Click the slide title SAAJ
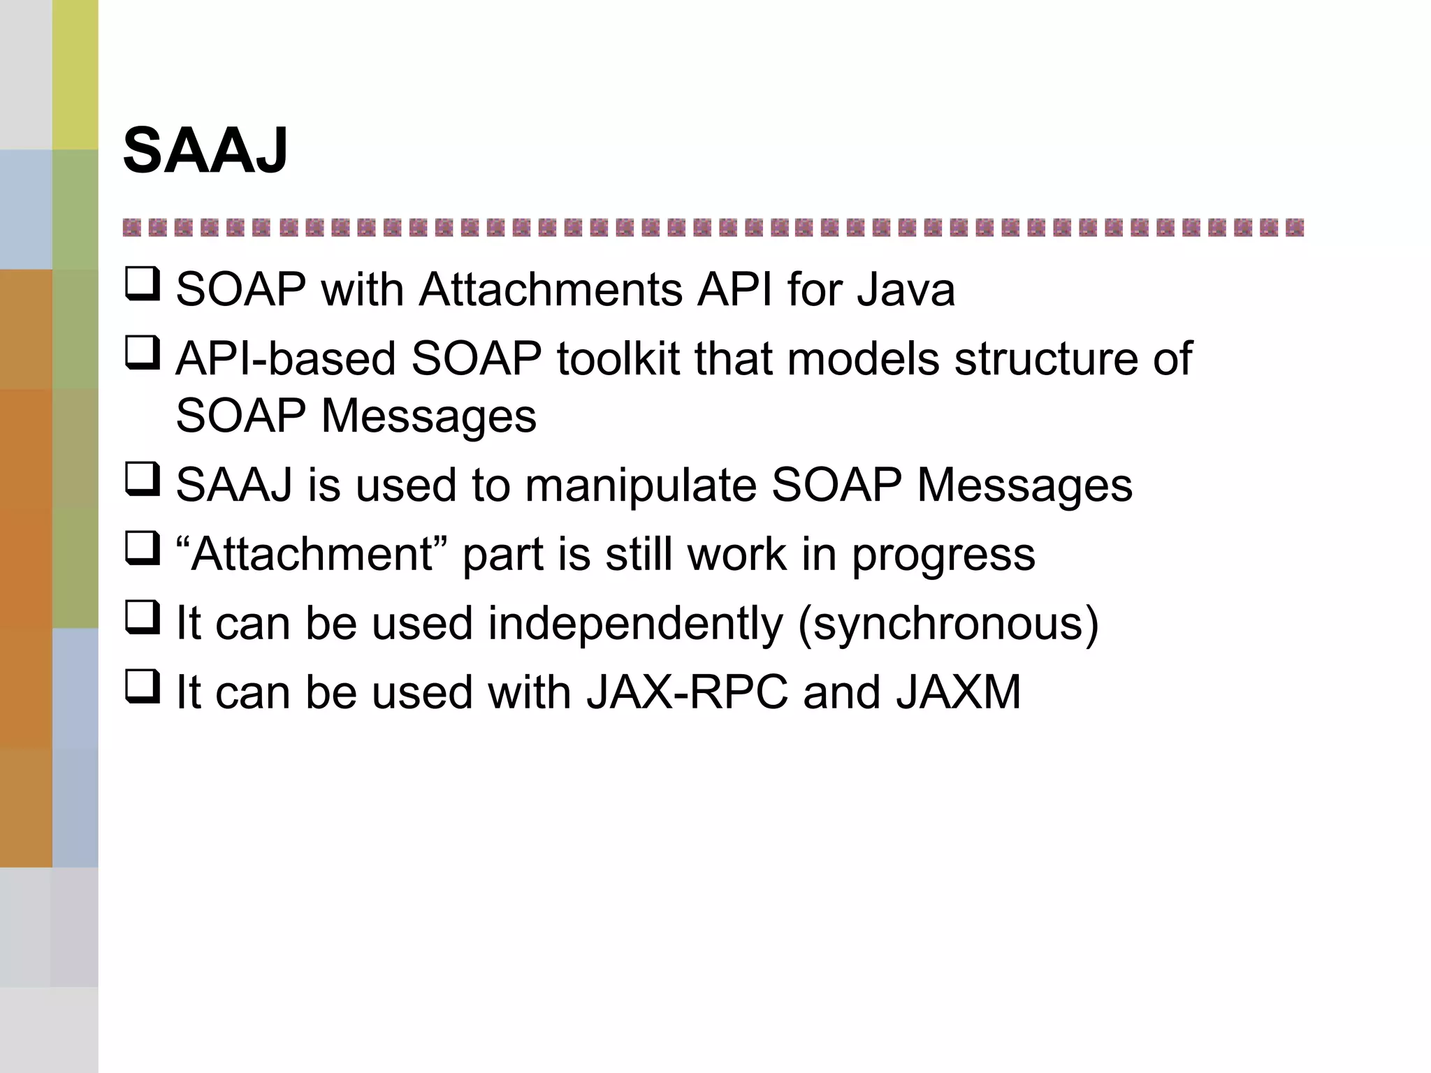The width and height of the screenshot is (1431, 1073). pos(205,150)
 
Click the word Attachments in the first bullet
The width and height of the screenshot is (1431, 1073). pos(550,290)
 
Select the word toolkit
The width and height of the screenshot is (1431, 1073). pos(617,359)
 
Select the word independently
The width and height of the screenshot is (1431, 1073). pos(635,624)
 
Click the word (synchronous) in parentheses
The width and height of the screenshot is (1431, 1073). pos(949,624)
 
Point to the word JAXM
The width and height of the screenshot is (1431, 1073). pos(958,692)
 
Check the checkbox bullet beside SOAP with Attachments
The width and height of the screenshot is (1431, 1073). pos(143,284)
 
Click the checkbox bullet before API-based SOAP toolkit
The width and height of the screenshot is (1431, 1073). pos(143,353)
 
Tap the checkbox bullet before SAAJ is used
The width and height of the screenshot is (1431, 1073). pos(143,479)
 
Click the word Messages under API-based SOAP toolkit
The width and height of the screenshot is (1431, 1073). pos(428,416)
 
